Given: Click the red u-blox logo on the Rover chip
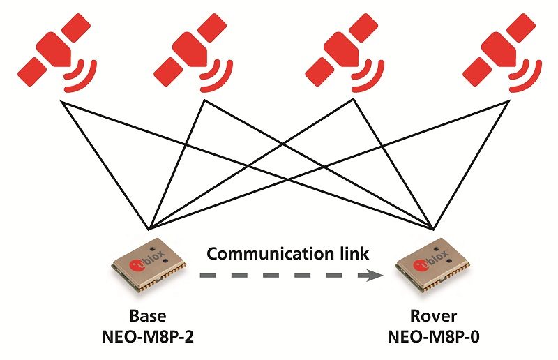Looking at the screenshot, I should [420, 263].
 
